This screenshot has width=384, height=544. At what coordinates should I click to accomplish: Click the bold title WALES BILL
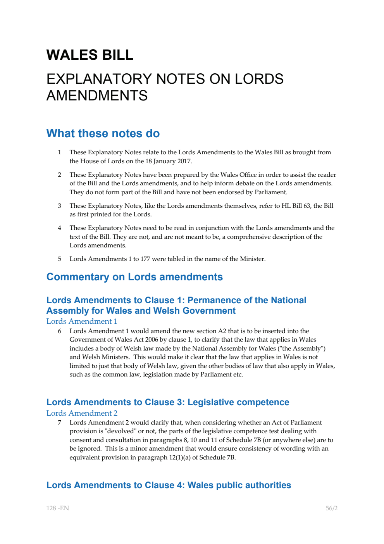click(90, 55)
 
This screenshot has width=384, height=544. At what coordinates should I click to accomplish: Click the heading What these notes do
click(103, 133)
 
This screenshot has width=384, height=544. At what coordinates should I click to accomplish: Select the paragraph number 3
click(60, 206)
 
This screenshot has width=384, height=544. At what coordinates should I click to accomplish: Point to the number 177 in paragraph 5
click(145, 259)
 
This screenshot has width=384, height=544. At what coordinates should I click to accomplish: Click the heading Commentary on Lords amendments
click(134, 277)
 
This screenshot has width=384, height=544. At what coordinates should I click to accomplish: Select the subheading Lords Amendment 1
click(82, 321)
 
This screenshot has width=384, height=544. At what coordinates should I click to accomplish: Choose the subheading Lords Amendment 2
click(82, 413)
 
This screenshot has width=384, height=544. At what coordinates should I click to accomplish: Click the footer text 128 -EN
click(58, 508)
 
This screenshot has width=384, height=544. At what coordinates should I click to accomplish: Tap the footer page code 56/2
click(331, 508)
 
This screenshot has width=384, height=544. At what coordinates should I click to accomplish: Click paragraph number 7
click(60, 423)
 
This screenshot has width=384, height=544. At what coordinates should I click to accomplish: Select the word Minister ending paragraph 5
click(252, 259)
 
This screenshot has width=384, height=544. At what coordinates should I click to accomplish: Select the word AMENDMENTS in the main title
click(97, 96)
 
